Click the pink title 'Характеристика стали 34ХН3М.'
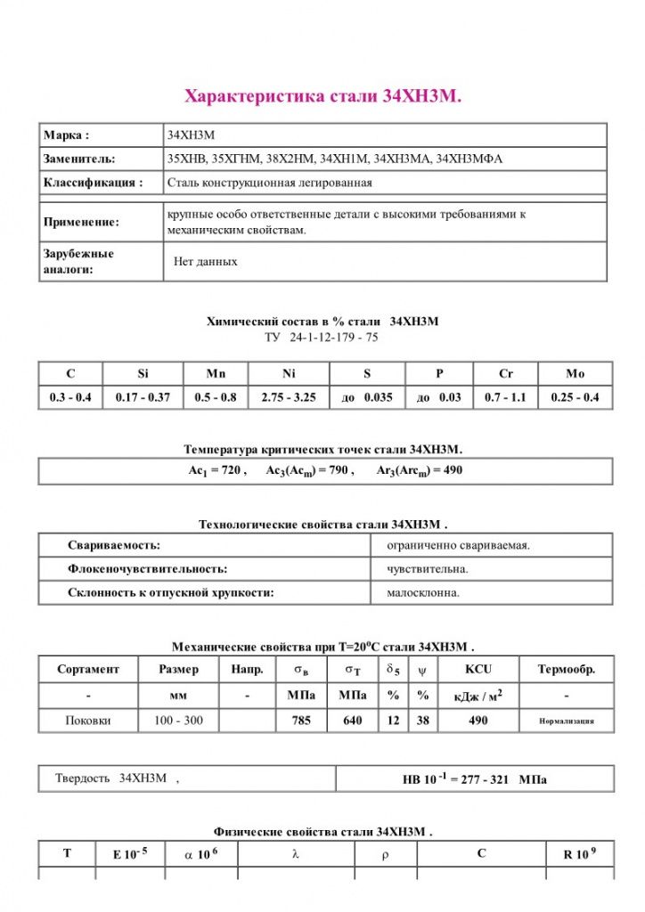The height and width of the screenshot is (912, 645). (322, 96)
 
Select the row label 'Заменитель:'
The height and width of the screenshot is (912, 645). (79, 159)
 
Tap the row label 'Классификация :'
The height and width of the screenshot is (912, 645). (93, 183)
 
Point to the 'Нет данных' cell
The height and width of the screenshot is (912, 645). (206, 262)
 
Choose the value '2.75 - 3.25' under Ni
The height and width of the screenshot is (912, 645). (289, 397)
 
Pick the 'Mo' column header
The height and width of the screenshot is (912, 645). (576, 374)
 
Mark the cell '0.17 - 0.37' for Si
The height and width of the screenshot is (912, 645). (143, 397)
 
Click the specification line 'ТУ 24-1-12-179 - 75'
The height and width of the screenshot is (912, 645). (322, 338)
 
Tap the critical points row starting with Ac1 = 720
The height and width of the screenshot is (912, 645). (322, 470)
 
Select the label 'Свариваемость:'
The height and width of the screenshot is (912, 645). (114, 545)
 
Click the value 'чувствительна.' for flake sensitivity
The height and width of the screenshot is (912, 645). (428, 568)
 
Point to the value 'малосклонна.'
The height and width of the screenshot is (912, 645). (423, 591)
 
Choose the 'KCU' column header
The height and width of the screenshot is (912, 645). (478, 670)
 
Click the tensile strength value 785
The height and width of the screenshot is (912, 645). (302, 721)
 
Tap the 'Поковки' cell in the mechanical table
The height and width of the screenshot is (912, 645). (89, 721)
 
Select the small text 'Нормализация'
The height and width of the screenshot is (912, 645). (567, 721)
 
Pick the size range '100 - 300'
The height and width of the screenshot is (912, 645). (178, 721)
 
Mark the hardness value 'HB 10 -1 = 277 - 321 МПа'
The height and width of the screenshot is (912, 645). (475, 779)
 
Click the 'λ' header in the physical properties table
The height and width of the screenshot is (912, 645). (295, 854)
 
